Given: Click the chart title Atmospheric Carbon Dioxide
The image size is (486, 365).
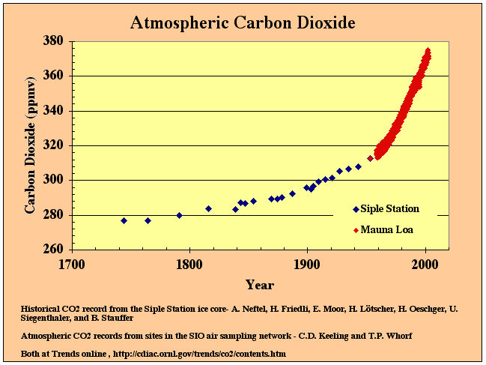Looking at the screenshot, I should pos(242,22).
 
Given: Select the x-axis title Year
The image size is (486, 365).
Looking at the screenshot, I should pos(260,285).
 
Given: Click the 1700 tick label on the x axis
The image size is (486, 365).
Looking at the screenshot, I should pos(71,264).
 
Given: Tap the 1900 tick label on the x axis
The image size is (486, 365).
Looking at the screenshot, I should pos(307,264).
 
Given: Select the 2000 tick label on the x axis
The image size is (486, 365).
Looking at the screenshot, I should pos(425,264).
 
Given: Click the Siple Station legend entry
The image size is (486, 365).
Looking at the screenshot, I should pos(389,209).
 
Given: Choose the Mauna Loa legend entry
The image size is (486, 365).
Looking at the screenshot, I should pos(386,229).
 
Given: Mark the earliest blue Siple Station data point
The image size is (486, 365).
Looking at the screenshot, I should pos(124,220).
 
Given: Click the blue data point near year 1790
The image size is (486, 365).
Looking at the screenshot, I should pos(179,215).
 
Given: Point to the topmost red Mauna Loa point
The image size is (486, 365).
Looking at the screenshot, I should pos(428,51).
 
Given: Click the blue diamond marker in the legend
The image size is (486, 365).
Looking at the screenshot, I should pos(355,209).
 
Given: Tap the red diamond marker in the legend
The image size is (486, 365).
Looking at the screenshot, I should pos(355,229).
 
